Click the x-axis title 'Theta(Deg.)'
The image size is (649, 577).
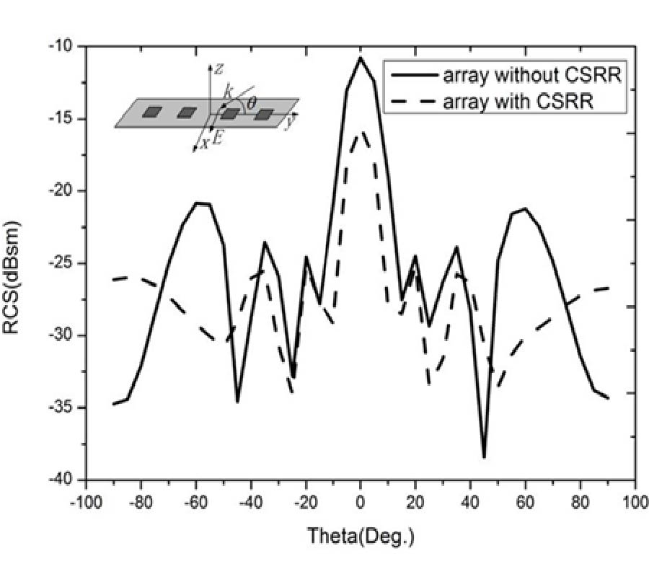pyautogui.click(x=361, y=536)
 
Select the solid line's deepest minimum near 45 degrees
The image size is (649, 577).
pyautogui.click(x=484, y=457)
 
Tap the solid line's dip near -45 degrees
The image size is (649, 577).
pyautogui.click(x=237, y=402)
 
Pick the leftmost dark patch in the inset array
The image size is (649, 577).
pyautogui.click(x=152, y=112)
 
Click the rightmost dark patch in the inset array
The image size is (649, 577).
pyautogui.click(x=265, y=114)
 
